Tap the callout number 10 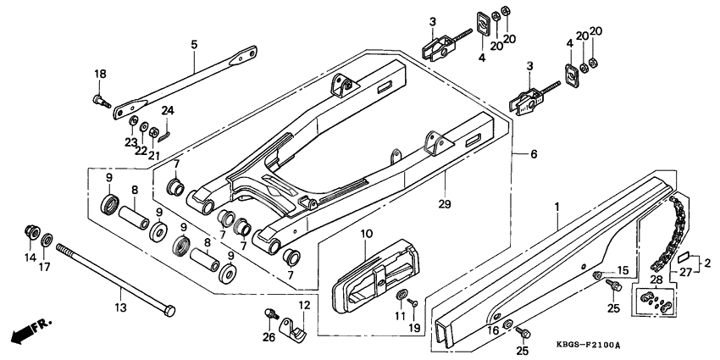pos(367,234)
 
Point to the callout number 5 pos(193,43)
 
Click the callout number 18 pos(100,75)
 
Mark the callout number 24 pos(168,110)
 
